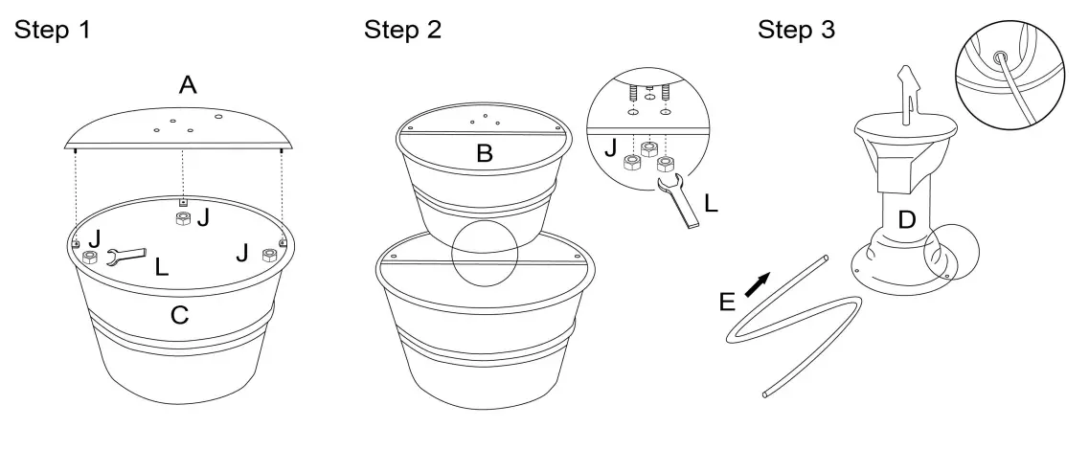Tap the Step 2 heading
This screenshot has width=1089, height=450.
coord(403,30)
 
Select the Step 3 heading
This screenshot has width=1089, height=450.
coord(796,30)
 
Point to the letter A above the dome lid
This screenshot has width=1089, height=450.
coord(188,86)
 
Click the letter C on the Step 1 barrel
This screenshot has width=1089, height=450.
coord(179,313)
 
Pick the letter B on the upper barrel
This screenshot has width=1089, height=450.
coord(485,154)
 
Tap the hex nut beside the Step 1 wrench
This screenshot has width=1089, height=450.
coord(89,259)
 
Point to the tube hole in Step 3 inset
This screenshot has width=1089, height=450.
coord(1000,56)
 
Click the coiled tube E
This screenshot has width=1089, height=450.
coord(795,330)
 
